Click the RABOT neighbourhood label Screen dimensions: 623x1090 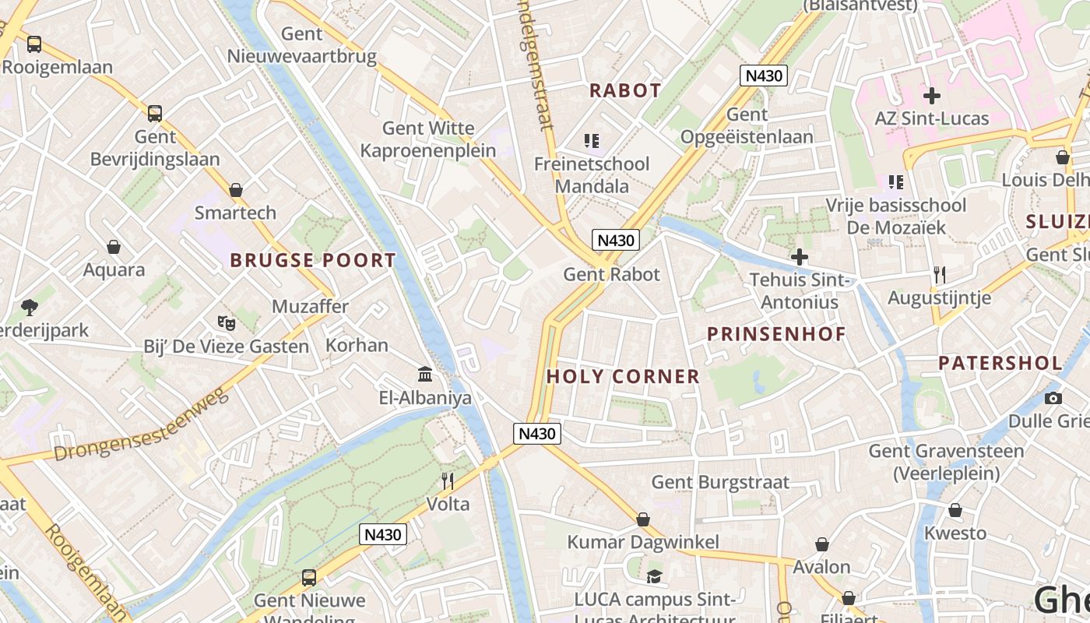[625, 90]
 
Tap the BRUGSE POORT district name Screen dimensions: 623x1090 [313, 260]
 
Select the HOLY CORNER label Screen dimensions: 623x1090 [623, 377]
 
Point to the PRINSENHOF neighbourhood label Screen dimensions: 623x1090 [776, 335]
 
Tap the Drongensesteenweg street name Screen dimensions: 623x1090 [142, 425]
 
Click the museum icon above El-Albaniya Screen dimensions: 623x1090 [425, 375]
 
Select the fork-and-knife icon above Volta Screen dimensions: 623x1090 [448, 480]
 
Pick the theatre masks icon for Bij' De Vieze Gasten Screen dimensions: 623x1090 [226, 322]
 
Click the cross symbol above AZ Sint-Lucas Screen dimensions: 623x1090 [931, 96]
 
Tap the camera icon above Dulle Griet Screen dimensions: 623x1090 [1053, 398]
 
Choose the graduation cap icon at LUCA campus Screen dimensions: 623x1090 [654, 576]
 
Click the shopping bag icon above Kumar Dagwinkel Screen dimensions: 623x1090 [643, 519]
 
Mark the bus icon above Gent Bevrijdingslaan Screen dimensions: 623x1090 [155, 114]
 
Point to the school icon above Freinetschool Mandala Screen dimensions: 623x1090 [592, 141]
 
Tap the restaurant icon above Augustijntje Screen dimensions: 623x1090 [940, 274]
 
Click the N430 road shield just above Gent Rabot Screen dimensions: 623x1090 [615, 240]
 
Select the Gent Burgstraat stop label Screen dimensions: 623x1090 [720, 482]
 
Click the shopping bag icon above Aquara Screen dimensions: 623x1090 [114, 247]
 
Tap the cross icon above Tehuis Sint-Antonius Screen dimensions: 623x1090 [800, 256]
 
